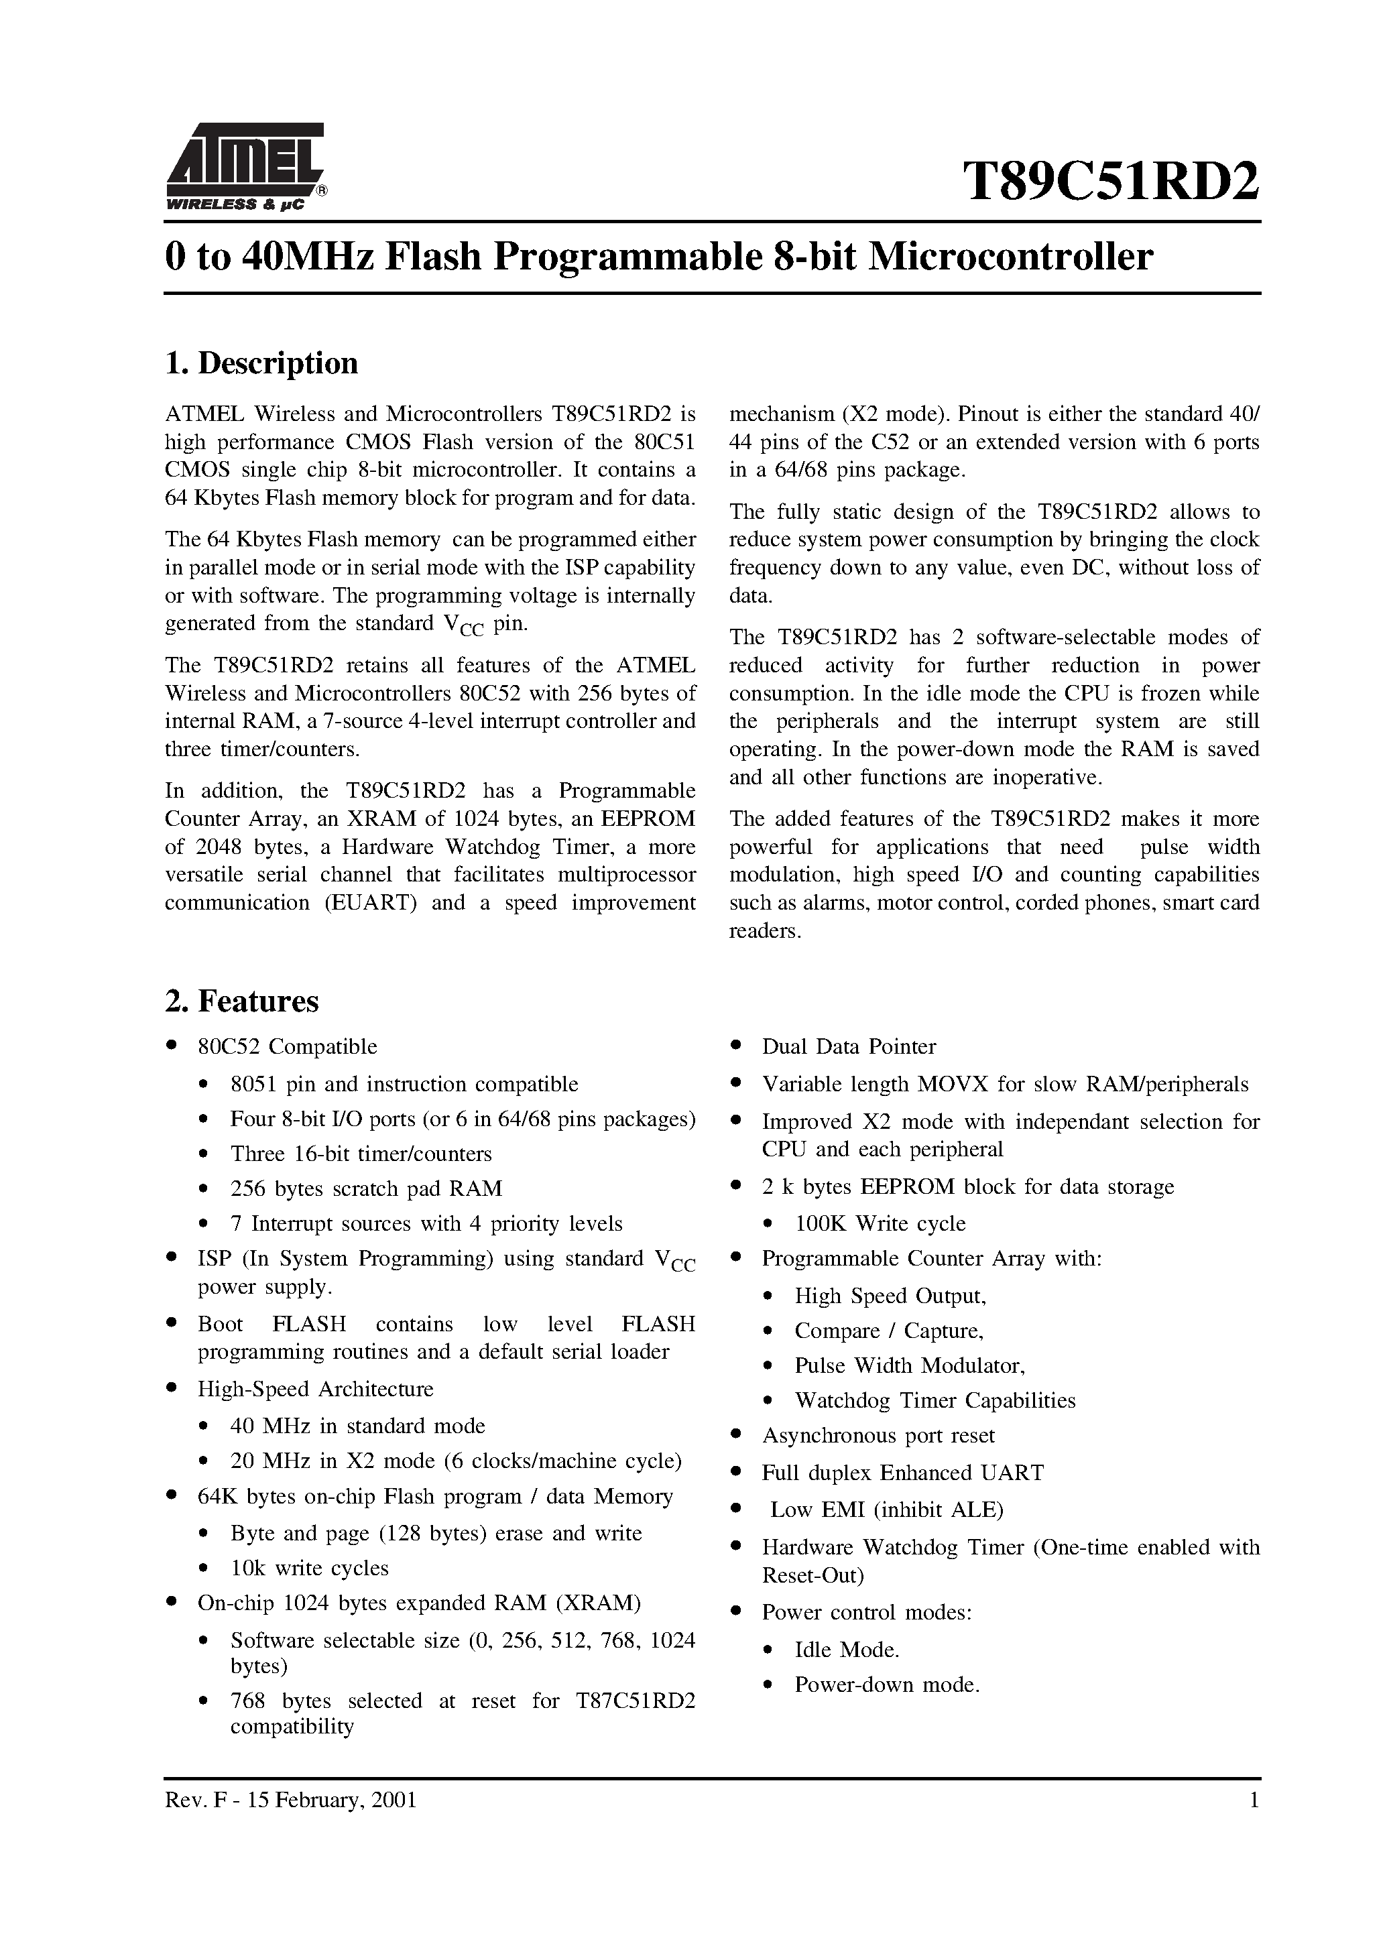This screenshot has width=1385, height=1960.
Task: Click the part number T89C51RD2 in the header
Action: [x=1111, y=181]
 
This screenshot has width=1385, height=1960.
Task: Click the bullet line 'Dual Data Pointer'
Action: [x=848, y=1046]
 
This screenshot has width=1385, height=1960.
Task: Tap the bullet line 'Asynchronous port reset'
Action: [x=878, y=1435]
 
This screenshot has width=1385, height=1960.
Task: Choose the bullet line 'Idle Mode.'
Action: [x=846, y=1649]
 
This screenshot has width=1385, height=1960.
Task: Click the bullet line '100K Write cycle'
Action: [x=880, y=1223]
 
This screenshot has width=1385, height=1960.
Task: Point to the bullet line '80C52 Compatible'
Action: [x=287, y=1046]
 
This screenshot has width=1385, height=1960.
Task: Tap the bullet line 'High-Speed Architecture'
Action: [x=315, y=1389]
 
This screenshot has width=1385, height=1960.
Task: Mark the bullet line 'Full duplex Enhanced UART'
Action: [x=902, y=1473]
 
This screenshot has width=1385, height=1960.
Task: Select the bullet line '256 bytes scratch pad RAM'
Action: [x=365, y=1188]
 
